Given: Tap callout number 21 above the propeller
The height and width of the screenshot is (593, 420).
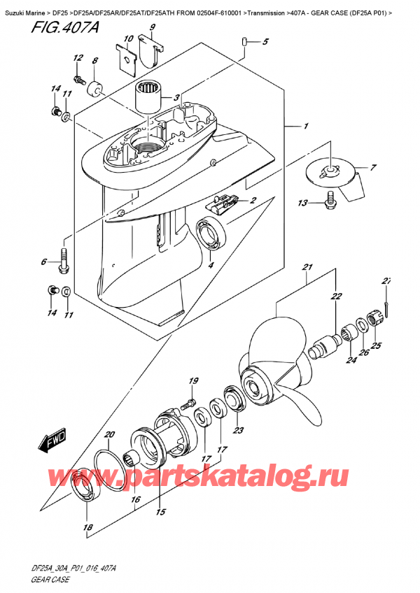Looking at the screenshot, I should [307, 268].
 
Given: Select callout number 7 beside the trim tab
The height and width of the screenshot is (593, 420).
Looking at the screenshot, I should [373, 168].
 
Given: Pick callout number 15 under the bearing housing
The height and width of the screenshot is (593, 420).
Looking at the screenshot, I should [160, 513].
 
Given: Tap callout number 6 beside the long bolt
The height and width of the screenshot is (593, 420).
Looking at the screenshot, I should [43, 262].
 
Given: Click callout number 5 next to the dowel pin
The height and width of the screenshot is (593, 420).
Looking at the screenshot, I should [265, 43].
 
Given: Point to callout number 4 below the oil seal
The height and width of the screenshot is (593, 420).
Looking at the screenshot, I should [209, 264].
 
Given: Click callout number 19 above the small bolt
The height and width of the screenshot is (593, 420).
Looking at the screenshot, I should [191, 380].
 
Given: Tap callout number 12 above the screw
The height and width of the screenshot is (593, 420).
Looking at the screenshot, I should [78, 58].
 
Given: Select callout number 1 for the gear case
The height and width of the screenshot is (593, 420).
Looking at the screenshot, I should [306, 127].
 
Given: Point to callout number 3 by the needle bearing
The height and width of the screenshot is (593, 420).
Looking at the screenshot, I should [176, 98].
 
